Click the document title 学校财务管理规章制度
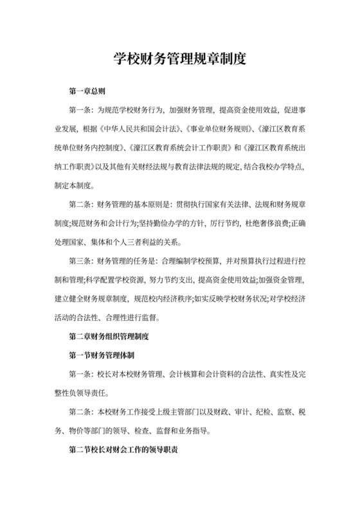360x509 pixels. (180, 60)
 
